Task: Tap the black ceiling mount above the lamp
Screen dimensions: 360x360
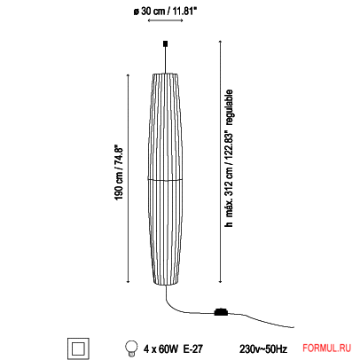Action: tap(165, 43)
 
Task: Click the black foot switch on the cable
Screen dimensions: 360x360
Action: tap(220, 311)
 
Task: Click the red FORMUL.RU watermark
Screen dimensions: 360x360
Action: tap(329, 347)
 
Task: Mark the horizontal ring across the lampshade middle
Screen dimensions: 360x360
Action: tap(165, 179)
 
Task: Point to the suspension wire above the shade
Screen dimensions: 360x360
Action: tap(165, 58)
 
